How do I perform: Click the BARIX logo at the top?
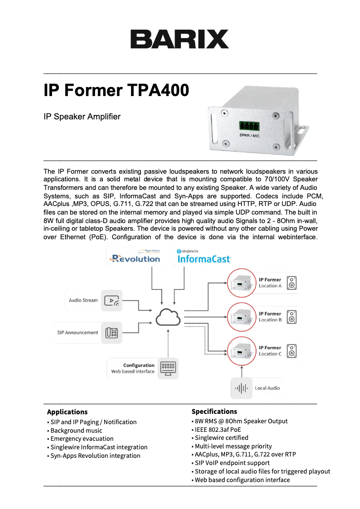click(x=180, y=39)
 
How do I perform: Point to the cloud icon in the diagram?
click(x=168, y=318)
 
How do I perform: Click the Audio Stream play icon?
click(x=112, y=301)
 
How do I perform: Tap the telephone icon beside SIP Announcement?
click(x=112, y=333)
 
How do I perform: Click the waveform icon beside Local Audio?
click(x=242, y=388)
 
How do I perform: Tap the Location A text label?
click(x=270, y=286)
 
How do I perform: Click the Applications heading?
click(x=67, y=412)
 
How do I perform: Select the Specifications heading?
click(x=214, y=411)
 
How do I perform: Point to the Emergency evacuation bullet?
click(x=82, y=439)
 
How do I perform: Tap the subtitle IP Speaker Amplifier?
click(x=82, y=117)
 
